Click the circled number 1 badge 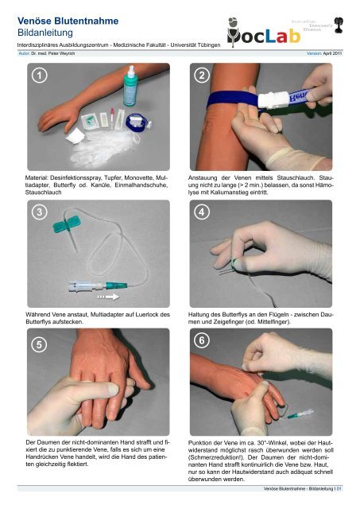pyautogui.click(x=39, y=76)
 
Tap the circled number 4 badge pyautogui.click(x=202, y=212)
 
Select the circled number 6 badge pyautogui.click(x=202, y=340)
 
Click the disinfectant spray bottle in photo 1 pyautogui.click(x=130, y=86)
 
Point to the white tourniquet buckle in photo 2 pyautogui.click(x=273, y=99)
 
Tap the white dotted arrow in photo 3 pyautogui.click(x=108, y=297)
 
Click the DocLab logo pyautogui.click(x=263, y=33)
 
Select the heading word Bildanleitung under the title pyautogui.click(x=45, y=33)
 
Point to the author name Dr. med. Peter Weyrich pyautogui.click(x=53, y=53)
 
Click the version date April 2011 pyautogui.click(x=332, y=53)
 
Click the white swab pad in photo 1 pyautogui.click(x=75, y=136)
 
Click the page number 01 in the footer pyautogui.click(x=339, y=488)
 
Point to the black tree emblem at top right pyautogui.click(x=339, y=25)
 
